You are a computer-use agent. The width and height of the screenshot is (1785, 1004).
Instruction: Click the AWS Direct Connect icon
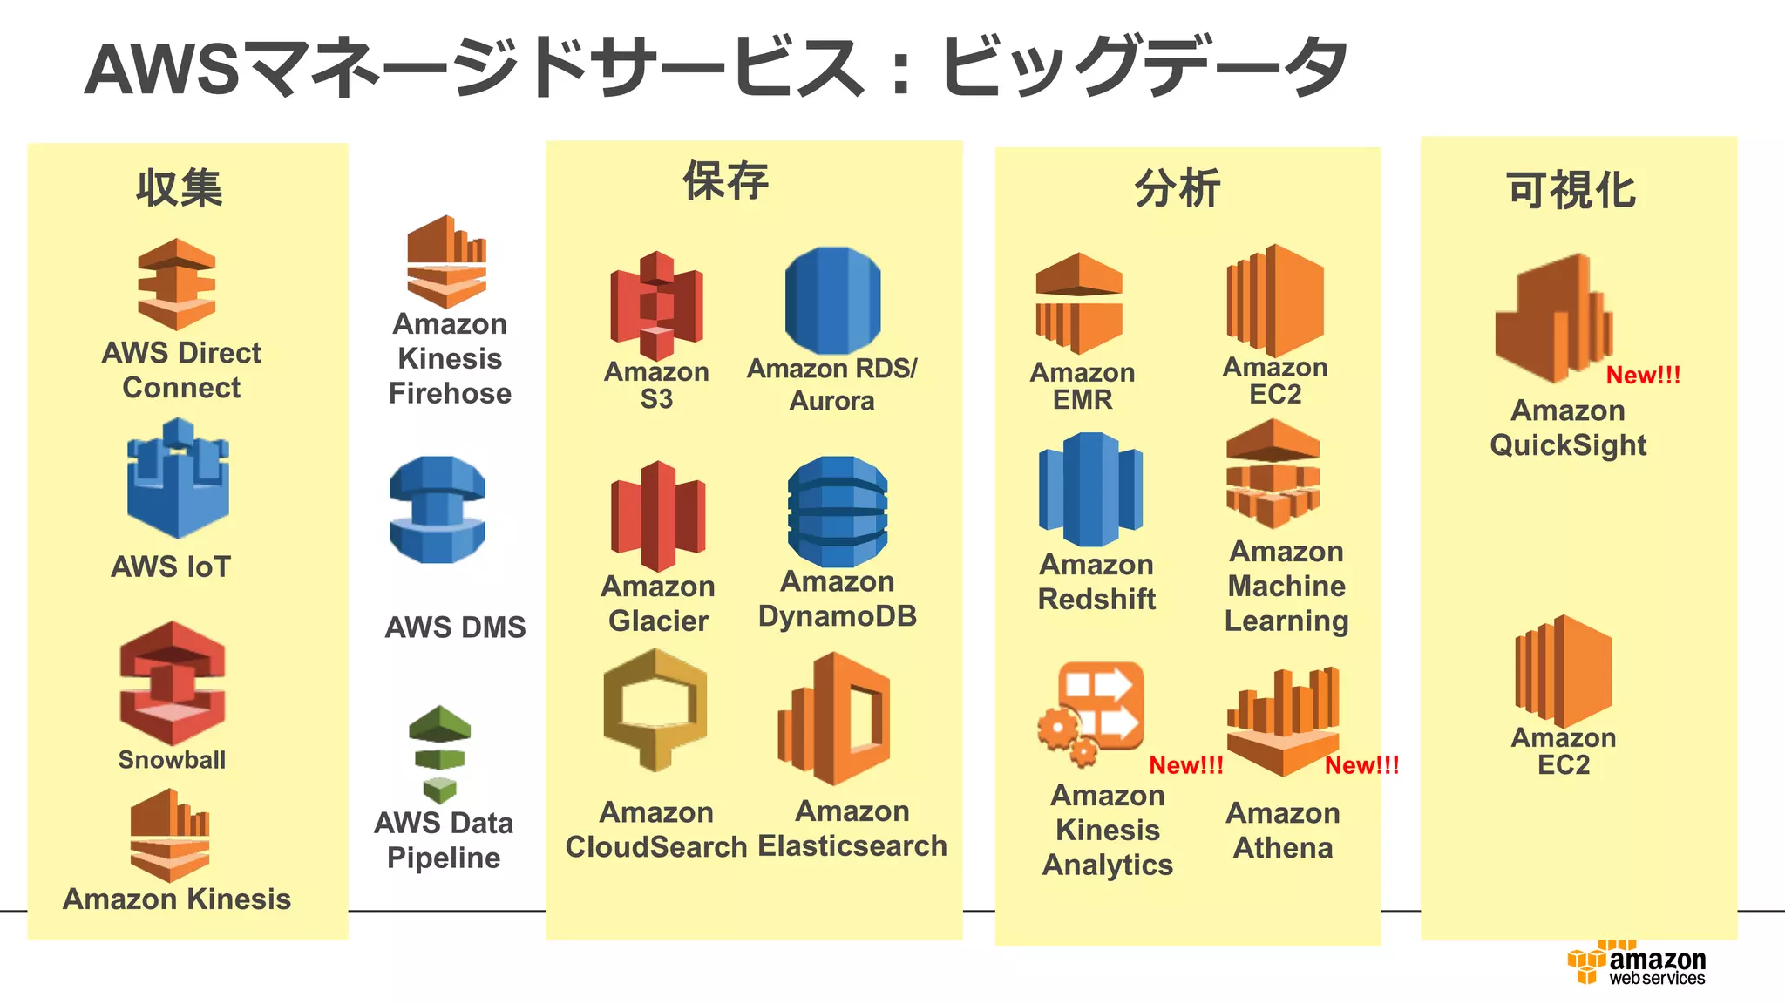coord(177,283)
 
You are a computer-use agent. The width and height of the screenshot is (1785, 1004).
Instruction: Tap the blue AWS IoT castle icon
coord(178,479)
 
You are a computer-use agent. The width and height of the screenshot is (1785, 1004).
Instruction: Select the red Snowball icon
coord(173,682)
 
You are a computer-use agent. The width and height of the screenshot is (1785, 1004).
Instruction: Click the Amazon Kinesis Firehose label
coord(450,358)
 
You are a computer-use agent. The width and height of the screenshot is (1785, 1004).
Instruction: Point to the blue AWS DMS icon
coord(437,510)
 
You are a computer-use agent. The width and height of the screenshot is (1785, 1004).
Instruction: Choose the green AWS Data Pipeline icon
coord(440,753)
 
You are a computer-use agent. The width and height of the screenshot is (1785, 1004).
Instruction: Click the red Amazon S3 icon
coord(656,305)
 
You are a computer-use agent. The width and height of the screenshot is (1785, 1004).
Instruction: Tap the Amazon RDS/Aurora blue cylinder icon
coord(832,300)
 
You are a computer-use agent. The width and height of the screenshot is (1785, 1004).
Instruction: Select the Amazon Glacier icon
coord(658,516)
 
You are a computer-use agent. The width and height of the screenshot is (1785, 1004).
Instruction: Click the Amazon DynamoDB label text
coord(837,599)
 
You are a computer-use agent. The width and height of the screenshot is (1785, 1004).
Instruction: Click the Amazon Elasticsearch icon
coord(834,718)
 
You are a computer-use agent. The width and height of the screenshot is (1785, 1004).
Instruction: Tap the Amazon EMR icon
coord(1079,303)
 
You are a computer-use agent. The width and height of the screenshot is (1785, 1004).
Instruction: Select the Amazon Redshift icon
coord(1090,489)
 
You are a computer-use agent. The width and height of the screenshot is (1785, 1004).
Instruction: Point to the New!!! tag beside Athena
coord(1361,765)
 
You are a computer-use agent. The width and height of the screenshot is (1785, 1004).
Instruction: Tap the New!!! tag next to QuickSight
coord(1643,376)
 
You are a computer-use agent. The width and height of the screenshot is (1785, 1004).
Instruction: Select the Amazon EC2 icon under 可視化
coord(1564,671)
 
